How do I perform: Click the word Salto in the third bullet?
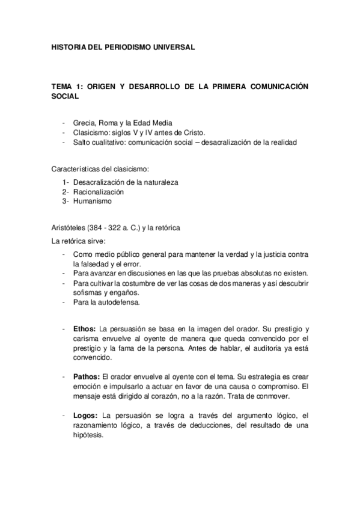[81, 142]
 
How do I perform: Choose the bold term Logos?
[85, 415]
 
